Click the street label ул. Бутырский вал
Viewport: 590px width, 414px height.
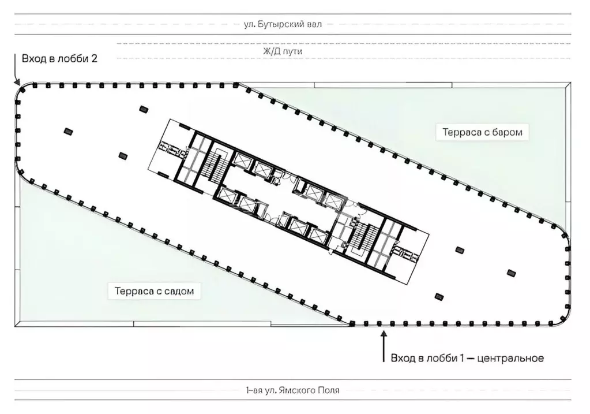[283, 24]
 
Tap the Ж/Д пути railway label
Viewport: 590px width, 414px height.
[282, 51]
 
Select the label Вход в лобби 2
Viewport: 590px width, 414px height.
[59, 58]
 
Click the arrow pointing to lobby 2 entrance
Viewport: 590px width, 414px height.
[16, 69]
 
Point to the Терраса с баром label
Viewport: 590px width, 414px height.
[482, 132]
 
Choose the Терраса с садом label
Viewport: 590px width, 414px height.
[154, 291]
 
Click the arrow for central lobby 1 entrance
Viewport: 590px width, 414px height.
[384, 346]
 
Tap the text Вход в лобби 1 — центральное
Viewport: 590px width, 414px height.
[467, 358]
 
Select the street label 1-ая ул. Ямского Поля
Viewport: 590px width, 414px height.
[292, 390]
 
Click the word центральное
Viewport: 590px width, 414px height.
[510, 358]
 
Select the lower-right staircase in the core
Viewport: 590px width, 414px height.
[363, 238]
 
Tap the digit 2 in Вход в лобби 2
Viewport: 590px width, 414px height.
[94, 58]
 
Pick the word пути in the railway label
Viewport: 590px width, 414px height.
[293, 51]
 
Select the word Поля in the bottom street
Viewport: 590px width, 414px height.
[330, 390]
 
